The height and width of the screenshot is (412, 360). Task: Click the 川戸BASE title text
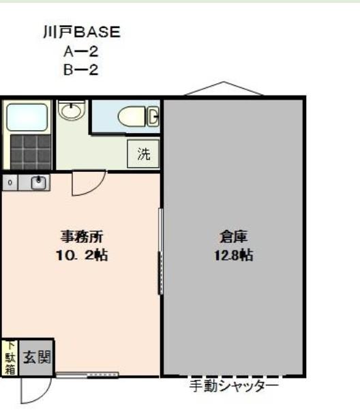click(82, 32)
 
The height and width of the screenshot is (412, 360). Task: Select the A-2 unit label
click(81, 51)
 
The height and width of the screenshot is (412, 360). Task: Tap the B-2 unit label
click(81, 70)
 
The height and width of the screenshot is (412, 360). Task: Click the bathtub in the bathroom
click(27, 117)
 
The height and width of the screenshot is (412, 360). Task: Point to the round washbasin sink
click(72, 110)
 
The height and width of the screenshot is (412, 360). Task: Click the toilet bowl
click(132, 117)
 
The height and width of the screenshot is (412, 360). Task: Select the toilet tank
click(153, 116)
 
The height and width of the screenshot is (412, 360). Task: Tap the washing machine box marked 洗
click(143, 154)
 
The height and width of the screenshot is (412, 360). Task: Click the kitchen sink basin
click(38, 183)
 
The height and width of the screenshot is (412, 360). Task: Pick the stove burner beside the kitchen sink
click(10, 182)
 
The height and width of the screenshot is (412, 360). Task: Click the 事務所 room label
click(82, 237)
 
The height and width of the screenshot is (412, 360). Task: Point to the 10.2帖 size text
click(82, 255)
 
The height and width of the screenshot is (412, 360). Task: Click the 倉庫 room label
click(234, 237)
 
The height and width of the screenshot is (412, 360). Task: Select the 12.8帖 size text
click(234, 255)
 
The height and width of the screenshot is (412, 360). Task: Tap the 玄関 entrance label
click(37, 357)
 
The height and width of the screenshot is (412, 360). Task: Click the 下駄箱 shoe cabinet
click(10, 357)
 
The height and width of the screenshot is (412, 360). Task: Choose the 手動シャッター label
click(234, 386)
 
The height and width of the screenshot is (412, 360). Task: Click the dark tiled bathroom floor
click(31, 152)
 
